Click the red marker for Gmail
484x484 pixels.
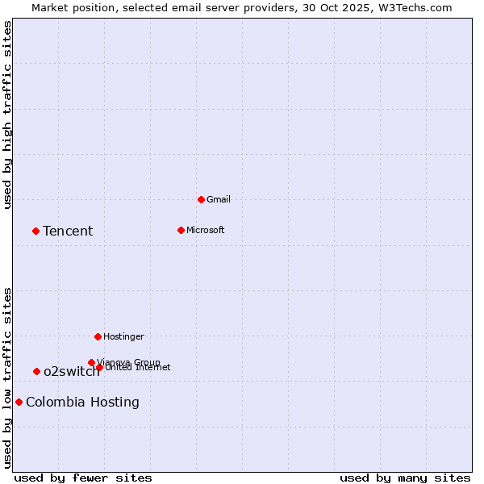(201, 199)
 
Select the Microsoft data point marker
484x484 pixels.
(181, 230)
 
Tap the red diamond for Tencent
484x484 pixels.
(35, 231)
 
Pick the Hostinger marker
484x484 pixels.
(98, 336)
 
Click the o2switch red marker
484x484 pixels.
(36, 371)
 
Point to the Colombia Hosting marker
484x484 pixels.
(19, 402)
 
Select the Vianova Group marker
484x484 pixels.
(91, 362)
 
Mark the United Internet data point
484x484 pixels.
(99, 367)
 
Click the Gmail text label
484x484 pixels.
(219, 199)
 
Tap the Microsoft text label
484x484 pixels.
(205, 230)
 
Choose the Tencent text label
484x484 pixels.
(68, 232)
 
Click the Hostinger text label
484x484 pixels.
(123, 336)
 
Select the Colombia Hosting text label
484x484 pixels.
(82, 403)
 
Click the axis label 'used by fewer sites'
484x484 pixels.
(83, 478)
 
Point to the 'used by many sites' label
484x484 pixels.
(405, 478)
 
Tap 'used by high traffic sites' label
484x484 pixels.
(7, 115)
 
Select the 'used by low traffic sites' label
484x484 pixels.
(7, 378)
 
